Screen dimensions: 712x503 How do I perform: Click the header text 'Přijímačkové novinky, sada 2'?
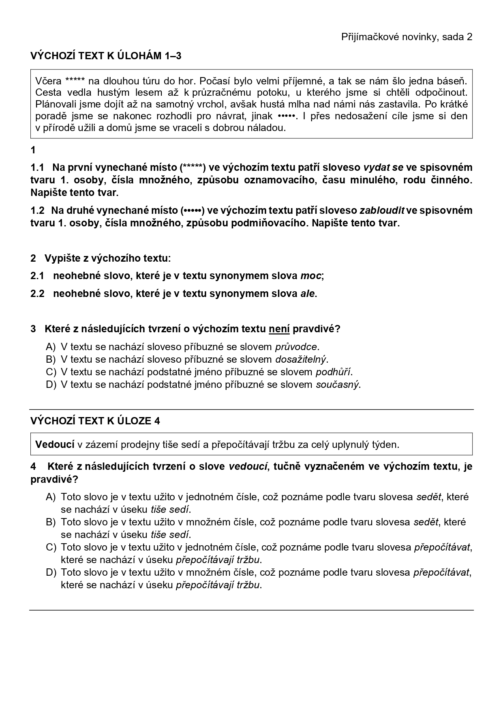pyautogui.click(x=407, y=37)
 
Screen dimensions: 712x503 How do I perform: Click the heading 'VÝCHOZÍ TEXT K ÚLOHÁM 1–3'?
pyautogui.click(x=106, y=56)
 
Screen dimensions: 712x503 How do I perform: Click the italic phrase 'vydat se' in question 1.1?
pyautogui.click(x=383, y=168)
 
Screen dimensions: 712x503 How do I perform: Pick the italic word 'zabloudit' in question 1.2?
pyautogui.click(x=382, y=211)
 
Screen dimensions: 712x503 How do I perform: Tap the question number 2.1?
pyautogui.click(x=37, y=276)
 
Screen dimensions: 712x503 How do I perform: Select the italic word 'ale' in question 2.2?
pyautogui.click(x=307, y=294)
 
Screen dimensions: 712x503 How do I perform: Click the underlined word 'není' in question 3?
pyautogui.click(x=279, y=329)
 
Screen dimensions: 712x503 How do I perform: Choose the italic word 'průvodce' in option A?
pyautogui.click(x=296, y=347)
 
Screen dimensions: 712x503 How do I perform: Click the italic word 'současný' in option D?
pyautogui.click(x=337, y=385)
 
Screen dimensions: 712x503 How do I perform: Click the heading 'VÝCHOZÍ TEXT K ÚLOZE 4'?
pyautogui.click(x=95, y=421)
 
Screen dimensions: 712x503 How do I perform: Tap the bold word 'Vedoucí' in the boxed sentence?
pyautogui.click(x=55, y=444)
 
